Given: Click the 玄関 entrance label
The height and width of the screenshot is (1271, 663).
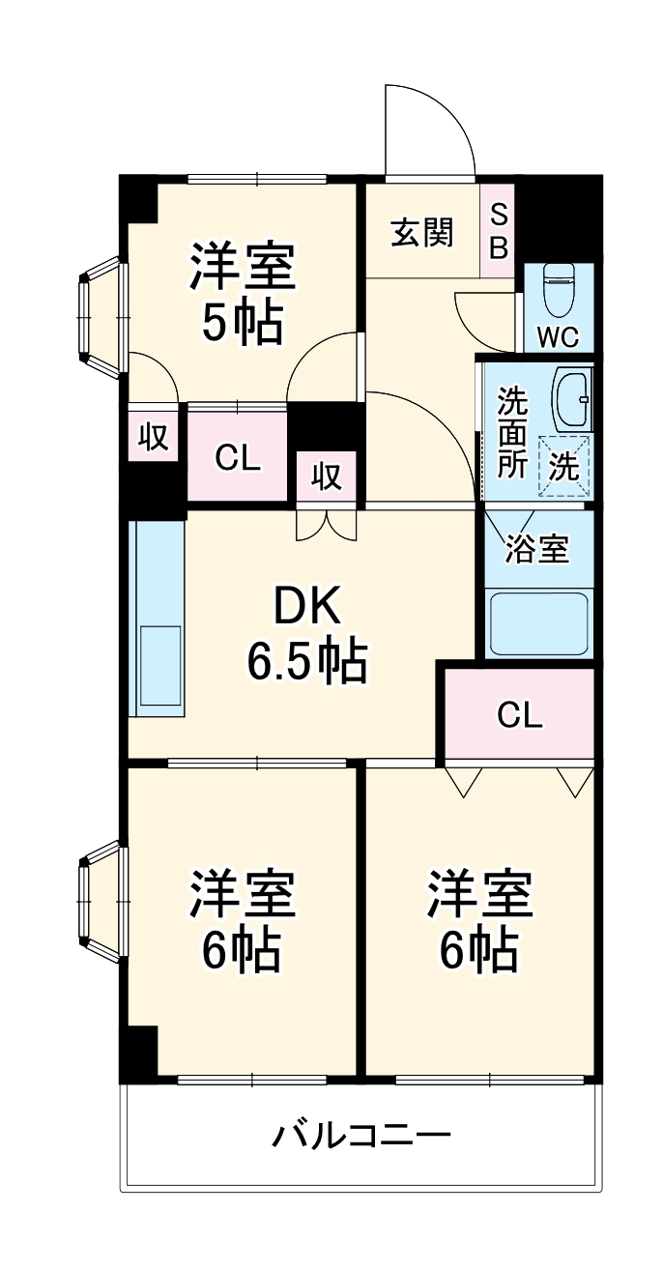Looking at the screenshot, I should coord(422,233).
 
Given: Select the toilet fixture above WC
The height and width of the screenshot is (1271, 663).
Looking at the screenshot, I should coord(559,291).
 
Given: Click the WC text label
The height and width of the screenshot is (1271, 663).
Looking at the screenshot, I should coord(558,337).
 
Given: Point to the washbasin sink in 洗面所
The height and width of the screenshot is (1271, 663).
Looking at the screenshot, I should coord(571,400).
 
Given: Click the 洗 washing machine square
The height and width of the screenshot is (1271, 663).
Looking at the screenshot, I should coord(563,467).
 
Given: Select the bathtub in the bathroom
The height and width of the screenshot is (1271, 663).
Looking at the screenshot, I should coord(539,623).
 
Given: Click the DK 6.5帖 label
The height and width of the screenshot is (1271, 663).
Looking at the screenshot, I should coord(306,633).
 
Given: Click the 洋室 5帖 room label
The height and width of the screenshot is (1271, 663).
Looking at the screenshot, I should coord(242,295).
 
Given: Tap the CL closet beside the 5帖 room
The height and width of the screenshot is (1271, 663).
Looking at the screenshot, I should coord(238,458).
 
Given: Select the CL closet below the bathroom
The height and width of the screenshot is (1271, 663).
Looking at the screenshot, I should coord(519,715).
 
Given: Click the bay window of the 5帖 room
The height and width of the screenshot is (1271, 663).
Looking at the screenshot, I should coord(101,316).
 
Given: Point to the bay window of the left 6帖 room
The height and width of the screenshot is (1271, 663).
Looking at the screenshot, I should coord(101,901).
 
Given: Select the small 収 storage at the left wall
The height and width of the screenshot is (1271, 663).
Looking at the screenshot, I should coord(153,437).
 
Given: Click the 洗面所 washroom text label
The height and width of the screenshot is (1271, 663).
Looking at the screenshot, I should coord(511,432).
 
